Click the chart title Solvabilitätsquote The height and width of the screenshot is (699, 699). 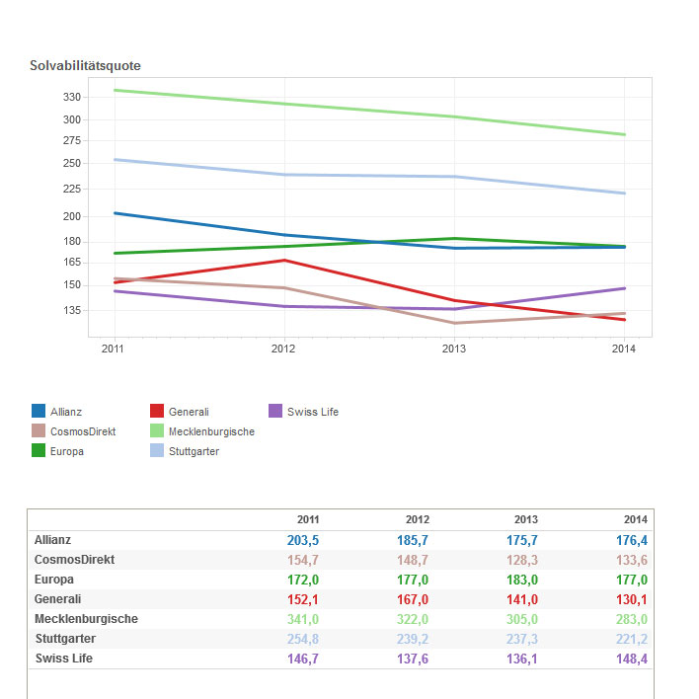(85, 66)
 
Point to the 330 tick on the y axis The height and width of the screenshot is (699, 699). (71, 97)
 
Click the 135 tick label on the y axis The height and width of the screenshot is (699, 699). (71, 310)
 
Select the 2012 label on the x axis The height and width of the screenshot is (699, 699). (283, 349)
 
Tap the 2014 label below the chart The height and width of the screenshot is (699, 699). (623, 349)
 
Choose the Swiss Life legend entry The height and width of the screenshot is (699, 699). (312, 412)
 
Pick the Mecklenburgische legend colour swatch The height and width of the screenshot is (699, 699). (156, 431)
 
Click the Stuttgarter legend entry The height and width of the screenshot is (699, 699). (194, 451)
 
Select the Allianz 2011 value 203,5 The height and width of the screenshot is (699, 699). (303, 540)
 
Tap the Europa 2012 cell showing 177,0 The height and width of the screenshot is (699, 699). (413, 580)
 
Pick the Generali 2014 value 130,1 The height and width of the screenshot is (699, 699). (631, 599)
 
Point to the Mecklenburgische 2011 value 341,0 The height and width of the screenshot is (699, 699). (303, 619)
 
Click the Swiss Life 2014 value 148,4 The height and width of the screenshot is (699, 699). (631, 659)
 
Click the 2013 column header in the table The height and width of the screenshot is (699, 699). (526, 519)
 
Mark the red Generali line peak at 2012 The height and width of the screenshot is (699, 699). (284, 261)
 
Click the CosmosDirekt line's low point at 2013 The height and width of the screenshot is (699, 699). (454, 323)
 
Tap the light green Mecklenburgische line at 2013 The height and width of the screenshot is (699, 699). (454, 116)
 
